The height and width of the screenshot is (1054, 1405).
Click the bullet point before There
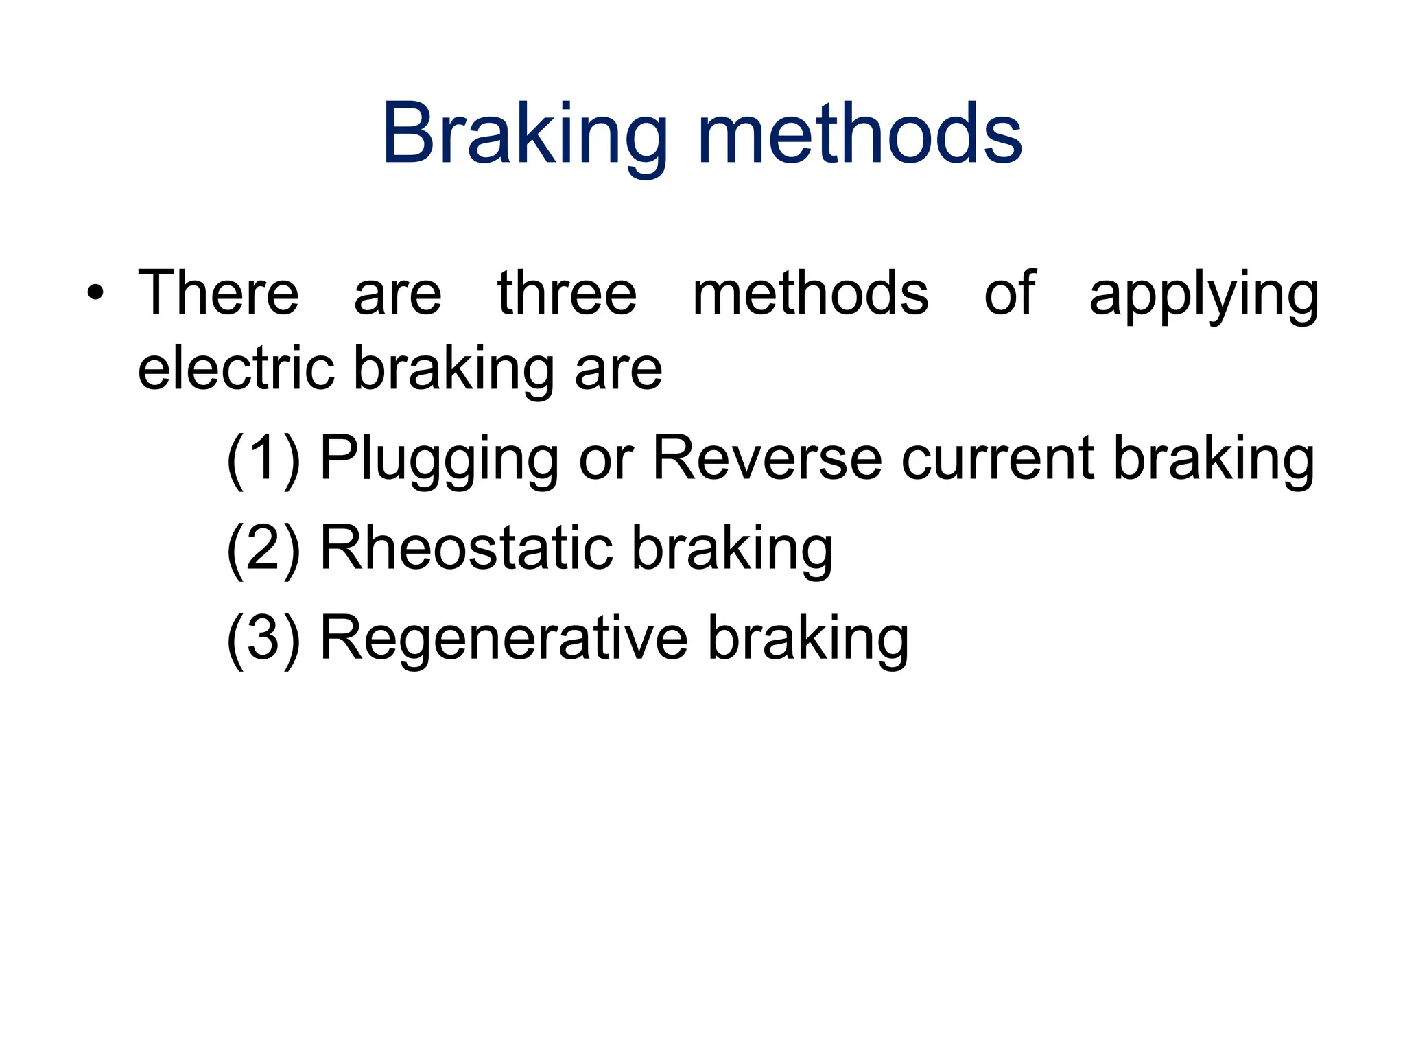tap(95, 294)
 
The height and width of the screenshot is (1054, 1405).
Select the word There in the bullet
tap(218, 294)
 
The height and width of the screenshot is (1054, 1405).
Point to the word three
tap(567, 294)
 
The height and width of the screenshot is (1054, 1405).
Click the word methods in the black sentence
tap(810, 294)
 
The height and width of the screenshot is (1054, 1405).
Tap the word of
tap(1009, 294)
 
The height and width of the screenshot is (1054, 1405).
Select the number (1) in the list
tap(263, 459)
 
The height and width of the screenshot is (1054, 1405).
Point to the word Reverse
tap(767, 458)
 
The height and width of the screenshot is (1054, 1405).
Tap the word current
tap(997, 458)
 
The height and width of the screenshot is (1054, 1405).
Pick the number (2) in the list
tap(263, 548)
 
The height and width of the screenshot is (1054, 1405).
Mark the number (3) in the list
tap(263, 638)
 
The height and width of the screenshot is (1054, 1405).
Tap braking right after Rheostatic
tap(732, 549)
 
